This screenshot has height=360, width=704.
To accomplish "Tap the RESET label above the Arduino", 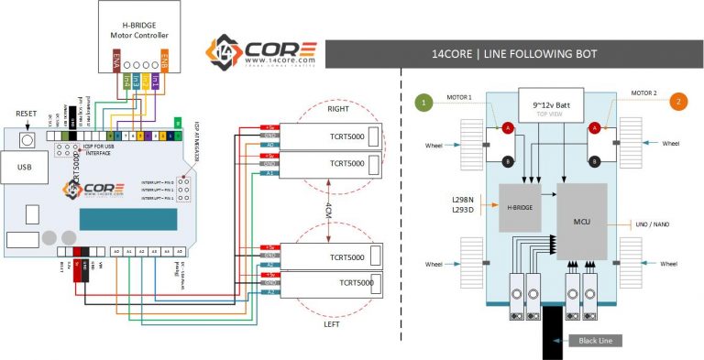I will [27, 115].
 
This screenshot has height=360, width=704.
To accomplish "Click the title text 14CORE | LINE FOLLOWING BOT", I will [514, 54].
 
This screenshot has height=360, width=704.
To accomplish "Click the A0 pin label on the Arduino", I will [116, 251].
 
